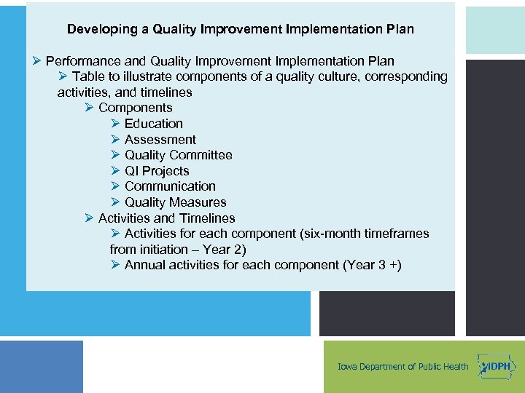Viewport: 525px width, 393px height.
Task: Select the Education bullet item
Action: pos(153,124)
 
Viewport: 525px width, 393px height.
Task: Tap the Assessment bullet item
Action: pos(160,140)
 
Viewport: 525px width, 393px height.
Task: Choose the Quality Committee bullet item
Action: pos(178,155)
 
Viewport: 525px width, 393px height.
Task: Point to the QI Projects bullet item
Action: pos(157,171)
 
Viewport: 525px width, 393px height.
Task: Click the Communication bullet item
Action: pos(170,186)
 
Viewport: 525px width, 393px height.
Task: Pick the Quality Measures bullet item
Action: pos(175,202)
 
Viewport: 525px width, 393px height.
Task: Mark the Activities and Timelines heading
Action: pos(166,218)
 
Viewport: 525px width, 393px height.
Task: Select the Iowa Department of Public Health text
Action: pos(403,367)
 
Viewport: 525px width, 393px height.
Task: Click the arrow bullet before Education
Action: pos(115,124)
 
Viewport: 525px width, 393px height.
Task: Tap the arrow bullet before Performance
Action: pos(36,61)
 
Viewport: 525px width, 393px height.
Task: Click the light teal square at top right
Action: pos(495,30)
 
